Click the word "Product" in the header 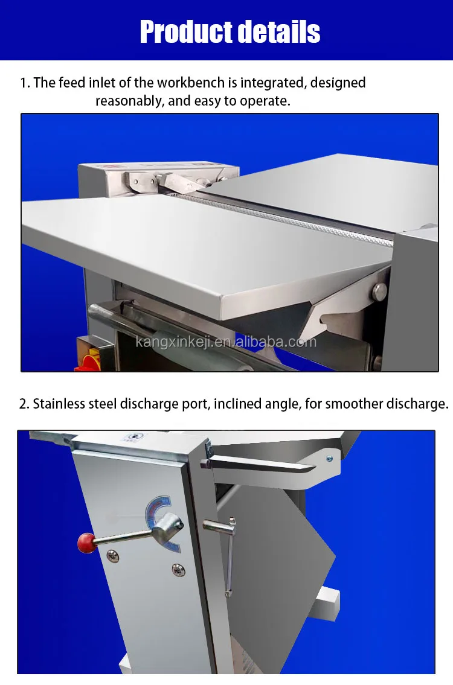[x=184, y=31]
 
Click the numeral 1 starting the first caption [x=24, y=83]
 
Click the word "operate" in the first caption [x=265, y=101]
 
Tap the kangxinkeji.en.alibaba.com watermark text [x=226, y=342]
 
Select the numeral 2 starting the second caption [x=24, y=404]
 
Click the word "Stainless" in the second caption [x=59, y=404]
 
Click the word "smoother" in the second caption [x=354, y=404]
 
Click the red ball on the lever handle [x=86, y=544]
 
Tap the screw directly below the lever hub [x=178, y=569]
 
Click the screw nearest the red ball [x=112, y=555]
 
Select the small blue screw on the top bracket [x=329, y=459]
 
